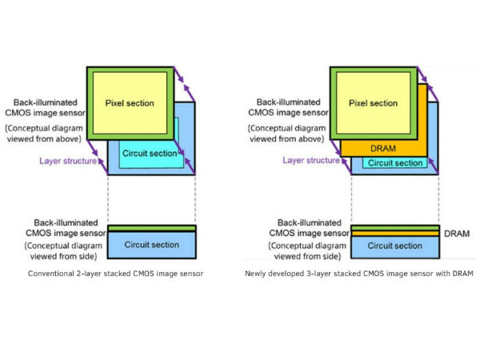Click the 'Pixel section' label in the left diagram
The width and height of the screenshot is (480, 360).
(130, 103)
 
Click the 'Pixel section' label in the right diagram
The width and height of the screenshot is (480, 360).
(373, 103)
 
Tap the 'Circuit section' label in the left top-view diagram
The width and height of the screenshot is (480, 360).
(150, 153)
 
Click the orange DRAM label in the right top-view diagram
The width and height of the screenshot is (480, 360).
(378, 149)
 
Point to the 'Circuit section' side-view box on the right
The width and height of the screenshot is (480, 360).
(395, 246)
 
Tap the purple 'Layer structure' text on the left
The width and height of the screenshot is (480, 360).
(68, 161)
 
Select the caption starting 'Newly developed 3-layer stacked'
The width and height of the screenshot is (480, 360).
(359, 274)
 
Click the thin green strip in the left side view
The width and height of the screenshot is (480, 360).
(151, 228)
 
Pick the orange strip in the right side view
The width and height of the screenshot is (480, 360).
(395, 232)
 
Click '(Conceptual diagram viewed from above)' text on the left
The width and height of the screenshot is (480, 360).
(54, 135)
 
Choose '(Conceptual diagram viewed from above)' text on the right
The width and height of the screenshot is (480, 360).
(298, 135)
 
